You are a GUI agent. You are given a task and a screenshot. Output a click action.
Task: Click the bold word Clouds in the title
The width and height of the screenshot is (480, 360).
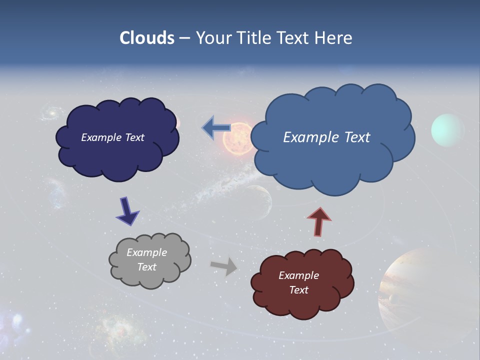tap(146, 38)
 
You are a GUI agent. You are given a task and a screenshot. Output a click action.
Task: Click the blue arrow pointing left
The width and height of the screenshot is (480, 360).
tap(216, 128)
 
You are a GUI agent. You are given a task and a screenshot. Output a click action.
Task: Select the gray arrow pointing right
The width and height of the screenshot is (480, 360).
tap(224, 266)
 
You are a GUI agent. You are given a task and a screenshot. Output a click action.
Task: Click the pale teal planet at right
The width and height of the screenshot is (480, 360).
tap(448, 130)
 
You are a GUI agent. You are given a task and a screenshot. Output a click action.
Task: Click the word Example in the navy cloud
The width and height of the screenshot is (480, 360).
tap(101, 137)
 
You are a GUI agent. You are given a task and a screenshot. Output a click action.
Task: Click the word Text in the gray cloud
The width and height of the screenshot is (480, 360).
tap(147, 267)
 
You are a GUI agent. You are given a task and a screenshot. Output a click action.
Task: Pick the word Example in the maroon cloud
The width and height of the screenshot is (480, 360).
tap(298, 275)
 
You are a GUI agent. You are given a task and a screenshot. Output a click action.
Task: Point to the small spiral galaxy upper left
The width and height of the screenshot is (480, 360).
tap(50, 112)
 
